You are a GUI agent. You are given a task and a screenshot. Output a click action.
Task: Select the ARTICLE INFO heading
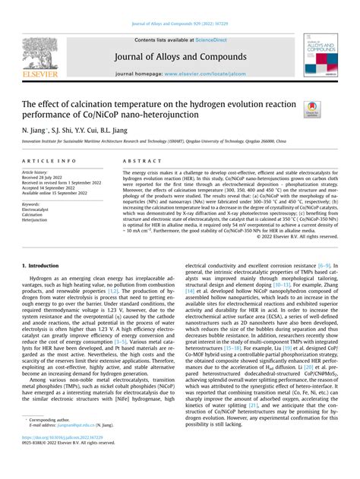(49, 161)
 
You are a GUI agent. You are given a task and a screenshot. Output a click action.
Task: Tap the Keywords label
(33, 204)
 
